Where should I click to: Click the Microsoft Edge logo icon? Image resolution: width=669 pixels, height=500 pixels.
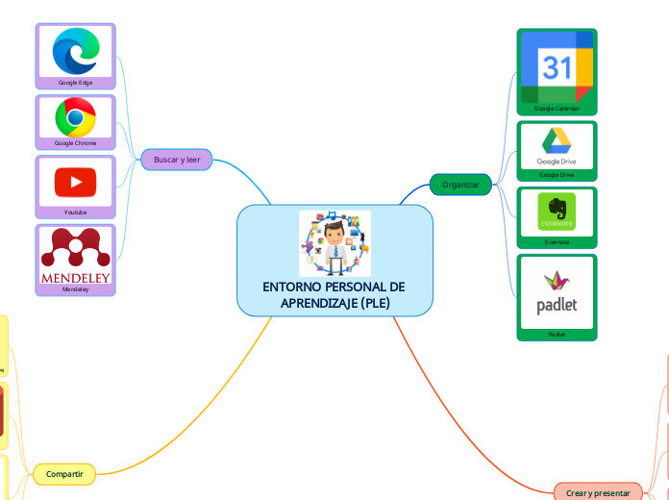coord(75,50)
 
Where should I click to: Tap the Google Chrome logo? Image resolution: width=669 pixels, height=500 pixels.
coord(75,117)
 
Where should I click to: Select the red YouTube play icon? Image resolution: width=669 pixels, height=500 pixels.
coord(75,181)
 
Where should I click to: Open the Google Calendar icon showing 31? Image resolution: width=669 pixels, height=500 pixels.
coord(557,67)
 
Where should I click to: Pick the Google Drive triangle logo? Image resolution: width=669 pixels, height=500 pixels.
coord(557,142)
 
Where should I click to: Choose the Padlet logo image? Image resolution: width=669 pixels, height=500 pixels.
coord(557,294)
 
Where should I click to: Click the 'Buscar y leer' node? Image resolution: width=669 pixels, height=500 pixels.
coord(177,159)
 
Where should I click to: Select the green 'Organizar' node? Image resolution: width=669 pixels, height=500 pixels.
coord(460,184)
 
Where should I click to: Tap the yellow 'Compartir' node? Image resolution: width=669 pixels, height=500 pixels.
coord(64,473)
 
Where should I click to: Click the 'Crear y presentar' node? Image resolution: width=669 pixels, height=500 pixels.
coord(598,492)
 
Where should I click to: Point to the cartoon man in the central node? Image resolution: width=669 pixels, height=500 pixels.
coord(334,243)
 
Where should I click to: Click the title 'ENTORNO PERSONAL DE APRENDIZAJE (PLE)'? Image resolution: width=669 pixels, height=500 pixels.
coord(334,295)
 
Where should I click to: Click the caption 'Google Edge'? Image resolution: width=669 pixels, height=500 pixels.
coord(75,83)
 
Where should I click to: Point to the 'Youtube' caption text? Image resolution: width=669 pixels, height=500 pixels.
coord(75,212)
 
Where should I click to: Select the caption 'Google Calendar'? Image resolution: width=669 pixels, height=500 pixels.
coord(557,109)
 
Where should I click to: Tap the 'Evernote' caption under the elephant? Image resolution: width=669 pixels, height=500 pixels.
coord(557,242)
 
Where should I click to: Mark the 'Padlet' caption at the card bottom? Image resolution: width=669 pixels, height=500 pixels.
coord(557,335)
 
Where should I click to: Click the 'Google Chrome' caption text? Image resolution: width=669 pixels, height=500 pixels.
coord(75,143)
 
